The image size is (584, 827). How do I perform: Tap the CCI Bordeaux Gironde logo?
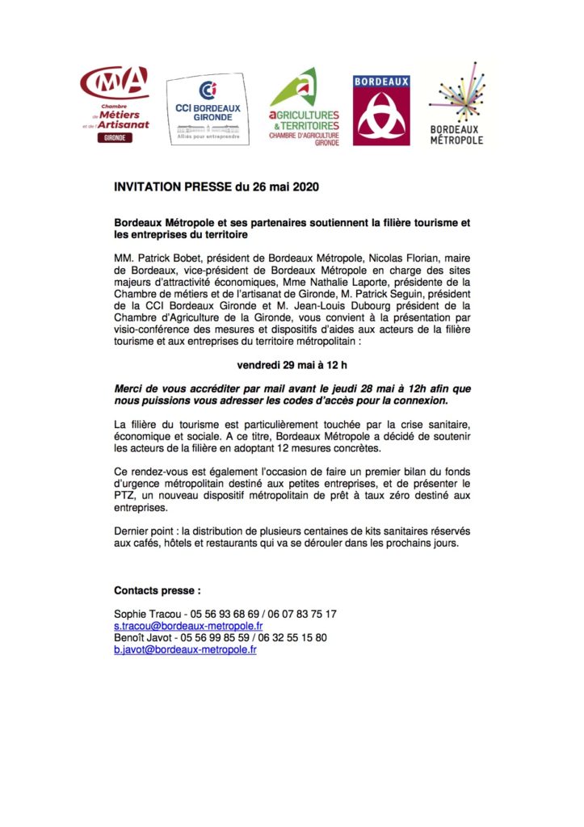point(203,111)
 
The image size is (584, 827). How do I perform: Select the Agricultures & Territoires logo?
point(304,107)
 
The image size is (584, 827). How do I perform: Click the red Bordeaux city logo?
point(381,111)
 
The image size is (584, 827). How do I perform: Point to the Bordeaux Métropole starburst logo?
point(456,105)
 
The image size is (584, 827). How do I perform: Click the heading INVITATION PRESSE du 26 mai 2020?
point(216,187)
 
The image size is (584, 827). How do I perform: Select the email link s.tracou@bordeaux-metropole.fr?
point(188,626)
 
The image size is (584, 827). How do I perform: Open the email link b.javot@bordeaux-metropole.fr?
point(185,649)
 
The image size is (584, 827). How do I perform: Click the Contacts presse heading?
point(157,590)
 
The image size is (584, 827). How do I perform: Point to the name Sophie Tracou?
point(142,615)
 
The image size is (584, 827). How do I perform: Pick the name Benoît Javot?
point(141,638)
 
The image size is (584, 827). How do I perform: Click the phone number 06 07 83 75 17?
point(297,615)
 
